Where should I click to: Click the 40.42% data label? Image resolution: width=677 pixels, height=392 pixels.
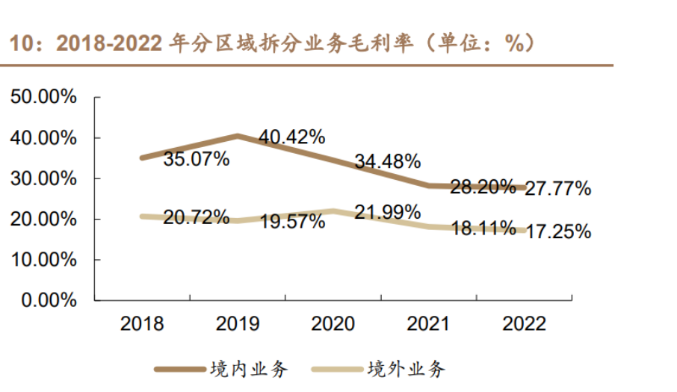tap(291, 137)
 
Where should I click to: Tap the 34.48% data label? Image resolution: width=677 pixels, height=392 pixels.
tap(387, 161)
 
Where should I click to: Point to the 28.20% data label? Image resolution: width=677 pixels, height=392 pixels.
tap(483, 186)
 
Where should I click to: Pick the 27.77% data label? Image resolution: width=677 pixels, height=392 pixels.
tap(557, 189)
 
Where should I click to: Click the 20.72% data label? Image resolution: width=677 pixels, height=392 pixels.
tap(196, 217)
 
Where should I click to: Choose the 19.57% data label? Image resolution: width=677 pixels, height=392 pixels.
tap(291, 222)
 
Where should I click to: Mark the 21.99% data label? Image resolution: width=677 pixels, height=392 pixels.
tap(387, 213)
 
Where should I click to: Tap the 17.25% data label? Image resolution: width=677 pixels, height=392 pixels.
tap(557, 231)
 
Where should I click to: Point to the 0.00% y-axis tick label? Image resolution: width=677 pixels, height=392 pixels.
tap(48, 300)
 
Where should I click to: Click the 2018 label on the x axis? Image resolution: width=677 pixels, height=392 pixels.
tap(142, 324)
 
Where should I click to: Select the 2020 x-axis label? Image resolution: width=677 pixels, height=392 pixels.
tap(333, 324)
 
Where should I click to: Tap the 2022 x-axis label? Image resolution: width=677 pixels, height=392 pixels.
tap(525, 324)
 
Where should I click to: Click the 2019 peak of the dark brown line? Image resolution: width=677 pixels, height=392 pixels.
tap(238, 136)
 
